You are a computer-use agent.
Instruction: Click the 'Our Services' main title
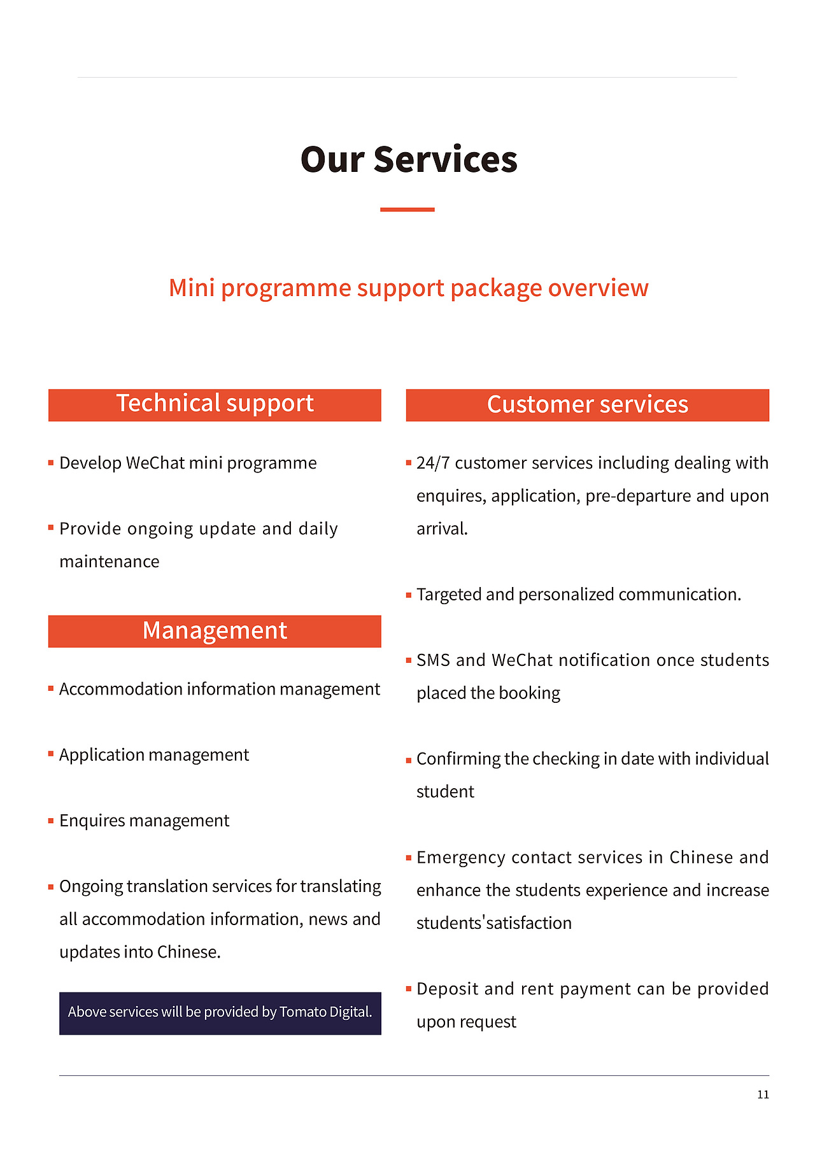[x=408, y=159]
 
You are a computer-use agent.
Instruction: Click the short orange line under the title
[x=407, y=209]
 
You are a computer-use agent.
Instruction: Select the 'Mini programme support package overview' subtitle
[x=408, y=288]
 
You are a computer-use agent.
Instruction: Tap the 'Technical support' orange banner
[x=215, y=404]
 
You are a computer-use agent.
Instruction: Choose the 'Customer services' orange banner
[x=587, y=405]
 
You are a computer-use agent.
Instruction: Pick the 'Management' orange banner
[x=215, y=631]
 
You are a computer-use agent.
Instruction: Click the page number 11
[x=763, y=1094]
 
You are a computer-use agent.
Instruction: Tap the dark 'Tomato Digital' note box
[x=220, y=1012]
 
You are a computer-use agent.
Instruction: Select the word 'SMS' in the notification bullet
[x=433, y=660]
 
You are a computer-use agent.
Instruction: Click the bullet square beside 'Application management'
[x=51, y=754]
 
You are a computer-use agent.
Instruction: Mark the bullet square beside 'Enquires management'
[x=51, y=820]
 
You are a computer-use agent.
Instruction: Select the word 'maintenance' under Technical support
[x=110, y=562]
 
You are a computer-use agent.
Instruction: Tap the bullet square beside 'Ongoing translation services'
[x=51, y=886]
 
